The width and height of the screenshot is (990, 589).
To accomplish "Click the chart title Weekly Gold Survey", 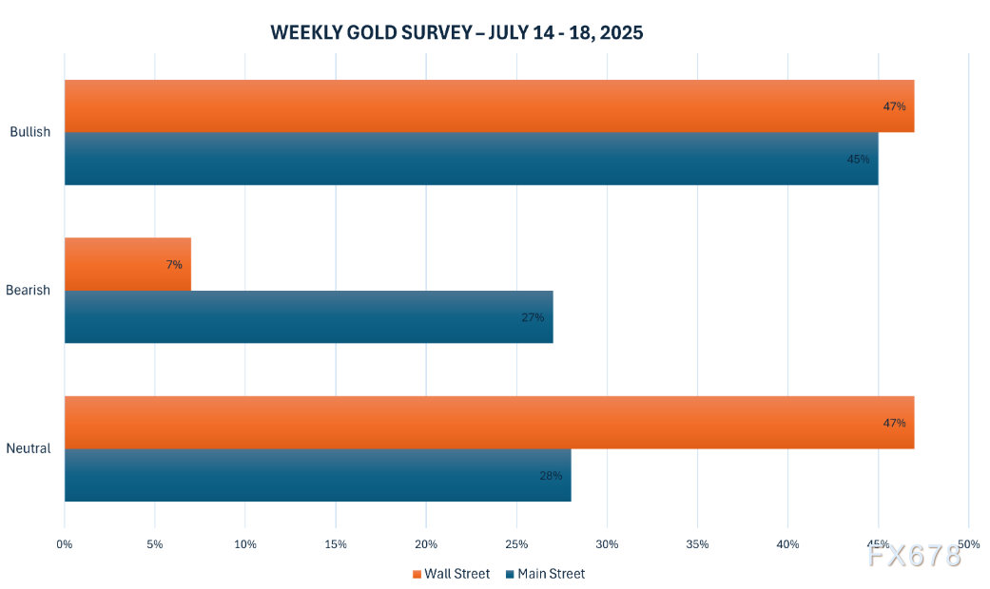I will tap(456, 32).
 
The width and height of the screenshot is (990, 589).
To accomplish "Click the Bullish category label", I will tap(29, 132).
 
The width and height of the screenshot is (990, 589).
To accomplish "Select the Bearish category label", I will tap(29, 290).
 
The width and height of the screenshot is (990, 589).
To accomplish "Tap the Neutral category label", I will tap(29, 448).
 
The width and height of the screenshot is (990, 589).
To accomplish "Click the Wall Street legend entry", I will tap(452, 574).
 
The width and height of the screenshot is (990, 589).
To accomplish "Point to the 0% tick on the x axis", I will tap(65, 544).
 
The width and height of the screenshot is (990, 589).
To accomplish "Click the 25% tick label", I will tap(516, 544).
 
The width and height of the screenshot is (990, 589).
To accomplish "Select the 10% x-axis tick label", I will tap(245, 544).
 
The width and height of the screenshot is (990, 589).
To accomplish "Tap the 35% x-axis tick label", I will tap(697, 544).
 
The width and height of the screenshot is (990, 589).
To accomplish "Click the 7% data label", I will tap(174, 264).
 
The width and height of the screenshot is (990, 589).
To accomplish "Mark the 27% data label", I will tap(533, 317).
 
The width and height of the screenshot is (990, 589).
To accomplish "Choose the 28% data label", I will tap(551, 475).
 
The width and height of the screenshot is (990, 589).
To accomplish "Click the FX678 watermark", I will tap(914, 556).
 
